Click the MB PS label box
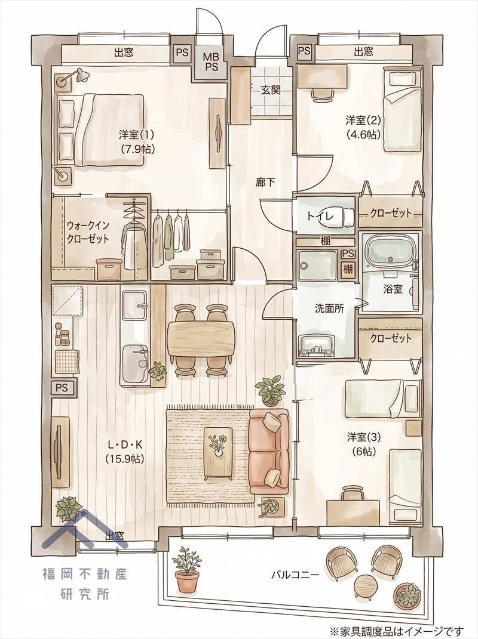[212, 61]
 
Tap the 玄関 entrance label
[271, 90]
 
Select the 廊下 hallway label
[265, 182]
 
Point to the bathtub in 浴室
[390, 254]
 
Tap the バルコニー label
[295, 575]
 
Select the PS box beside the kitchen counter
[62, 388]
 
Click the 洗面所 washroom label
[329, 308]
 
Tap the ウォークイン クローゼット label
[88, 231]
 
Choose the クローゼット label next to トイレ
[391, 213]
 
